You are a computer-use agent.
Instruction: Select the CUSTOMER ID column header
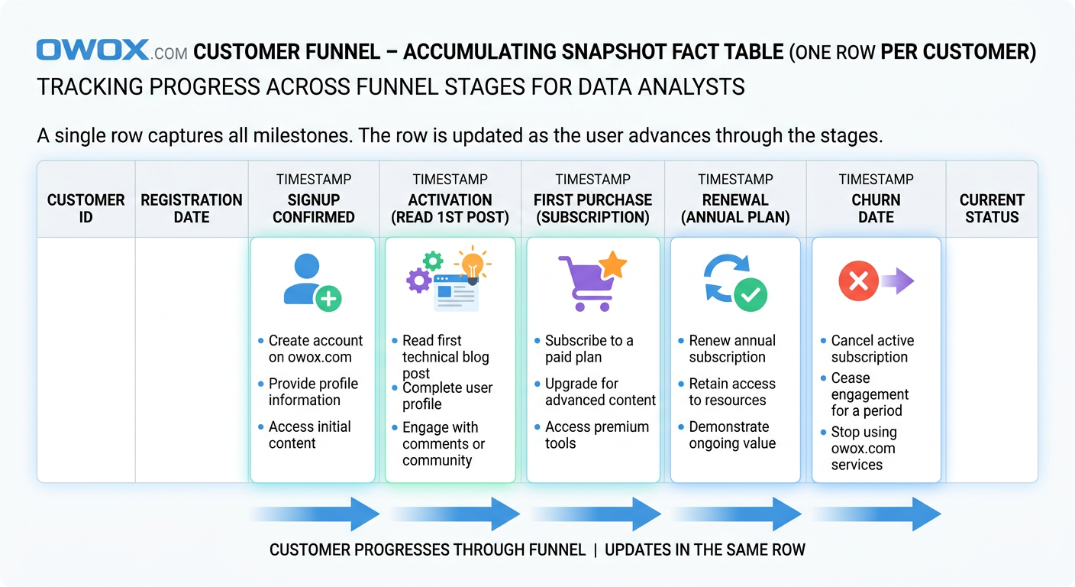(86, 208)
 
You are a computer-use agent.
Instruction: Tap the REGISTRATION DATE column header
(191, 208)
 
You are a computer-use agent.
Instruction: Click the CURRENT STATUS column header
(992, 208)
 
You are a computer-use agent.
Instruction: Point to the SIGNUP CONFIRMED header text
(314, 208)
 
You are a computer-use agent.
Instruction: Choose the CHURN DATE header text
(876, 208)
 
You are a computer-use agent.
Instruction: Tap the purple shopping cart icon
(584, 284)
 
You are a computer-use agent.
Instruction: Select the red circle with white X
(858, 281)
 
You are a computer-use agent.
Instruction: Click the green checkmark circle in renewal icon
(751, 293)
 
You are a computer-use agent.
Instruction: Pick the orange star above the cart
(612, 265)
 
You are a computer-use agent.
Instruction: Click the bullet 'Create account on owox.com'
(315, 349)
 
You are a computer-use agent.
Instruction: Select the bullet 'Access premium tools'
(596, 435)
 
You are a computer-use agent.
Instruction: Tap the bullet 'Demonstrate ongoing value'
(731, 435)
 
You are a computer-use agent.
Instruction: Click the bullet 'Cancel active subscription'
(871, 349)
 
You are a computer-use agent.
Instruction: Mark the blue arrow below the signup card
(315, 514)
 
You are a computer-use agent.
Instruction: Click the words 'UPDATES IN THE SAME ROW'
(705, 550)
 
